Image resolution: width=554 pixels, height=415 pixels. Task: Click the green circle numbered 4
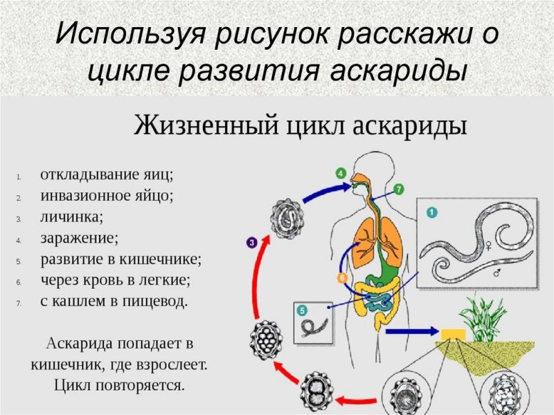(341, 174)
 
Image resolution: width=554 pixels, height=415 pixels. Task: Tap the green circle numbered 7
(399, 189)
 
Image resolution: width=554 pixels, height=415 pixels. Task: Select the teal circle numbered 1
(431, 213)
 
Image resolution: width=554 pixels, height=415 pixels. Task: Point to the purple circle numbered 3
(251, 242)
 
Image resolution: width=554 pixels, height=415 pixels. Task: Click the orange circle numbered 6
(341, 279)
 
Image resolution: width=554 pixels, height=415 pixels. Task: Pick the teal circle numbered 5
(302, 310)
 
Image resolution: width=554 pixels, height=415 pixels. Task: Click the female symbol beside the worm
(490, 245)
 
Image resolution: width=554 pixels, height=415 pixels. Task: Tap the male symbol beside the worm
(497, 272)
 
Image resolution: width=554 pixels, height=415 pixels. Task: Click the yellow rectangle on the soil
(453, 334)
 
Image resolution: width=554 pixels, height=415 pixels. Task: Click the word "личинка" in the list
(71, 217)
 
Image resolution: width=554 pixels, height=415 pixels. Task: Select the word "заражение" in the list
(79, 238)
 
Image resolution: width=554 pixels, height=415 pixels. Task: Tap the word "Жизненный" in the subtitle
(206, 125)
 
